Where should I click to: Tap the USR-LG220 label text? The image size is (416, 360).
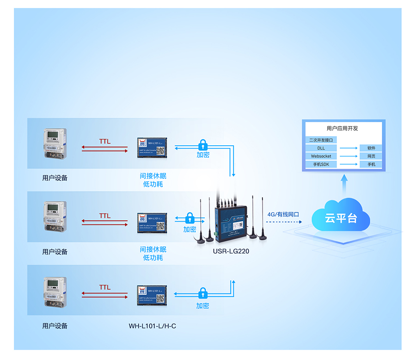pyautogui.click(x=231, y=252)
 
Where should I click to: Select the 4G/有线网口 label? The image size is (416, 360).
pyautogui.click(x=283, y=214)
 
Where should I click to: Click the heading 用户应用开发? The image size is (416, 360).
pyautogui.click(x=342, y=128)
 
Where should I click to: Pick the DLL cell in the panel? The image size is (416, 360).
pyautogui.click(x=321, y=148)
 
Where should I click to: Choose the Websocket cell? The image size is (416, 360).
pyautogui.click(x=321, y=156)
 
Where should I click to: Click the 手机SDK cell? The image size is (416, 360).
pyautogui.click(x=321, y=164)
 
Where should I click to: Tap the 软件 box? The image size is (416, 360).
pyautogui.click(x=371, y=148)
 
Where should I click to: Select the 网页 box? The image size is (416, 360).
pyautogui.click(x=371, y=156)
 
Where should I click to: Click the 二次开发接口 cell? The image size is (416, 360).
pyautogui.click(x=321, y=140)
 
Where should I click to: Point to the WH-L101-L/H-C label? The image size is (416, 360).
pyautogui.click(x=152, y=326)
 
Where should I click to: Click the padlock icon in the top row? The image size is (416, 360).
pyautogui.click(x=202, y=144)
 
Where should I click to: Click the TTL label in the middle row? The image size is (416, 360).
pyautogui.click(x=104, y=216)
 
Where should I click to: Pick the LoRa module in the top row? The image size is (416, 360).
pyautogui.click(x=152, y=147)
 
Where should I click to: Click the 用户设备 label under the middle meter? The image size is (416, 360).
pyautogui.click(x=55, y=252)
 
